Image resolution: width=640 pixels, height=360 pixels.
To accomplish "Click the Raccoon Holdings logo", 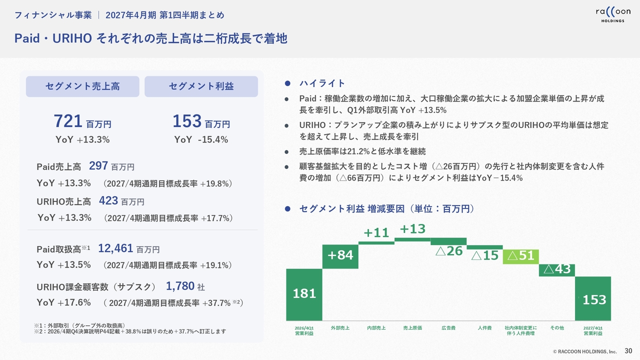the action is [613, 14].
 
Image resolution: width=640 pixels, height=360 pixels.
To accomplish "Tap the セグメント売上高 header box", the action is [82, 86].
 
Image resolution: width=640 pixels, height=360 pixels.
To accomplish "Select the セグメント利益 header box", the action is [201, 86].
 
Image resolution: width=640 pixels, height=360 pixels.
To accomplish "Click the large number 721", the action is [68, 121].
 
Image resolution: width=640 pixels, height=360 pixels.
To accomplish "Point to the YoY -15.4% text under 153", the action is [201, 139].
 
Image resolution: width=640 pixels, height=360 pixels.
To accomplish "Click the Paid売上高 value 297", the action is [98, 165].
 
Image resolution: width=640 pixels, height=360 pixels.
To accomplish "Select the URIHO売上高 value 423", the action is [108, 201].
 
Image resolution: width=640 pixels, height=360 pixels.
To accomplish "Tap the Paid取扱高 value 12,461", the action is [115, 248].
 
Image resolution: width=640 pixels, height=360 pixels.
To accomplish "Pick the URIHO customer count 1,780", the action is [180, 286].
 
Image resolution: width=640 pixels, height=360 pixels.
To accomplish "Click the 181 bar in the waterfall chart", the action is [304, 294].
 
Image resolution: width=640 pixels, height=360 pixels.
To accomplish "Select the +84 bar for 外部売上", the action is [340, 256].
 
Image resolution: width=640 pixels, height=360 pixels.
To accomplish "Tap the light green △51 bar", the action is [521, 256].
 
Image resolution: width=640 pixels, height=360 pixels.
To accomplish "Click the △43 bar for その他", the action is [557, 270].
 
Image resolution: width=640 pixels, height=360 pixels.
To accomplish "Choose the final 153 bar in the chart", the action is [593, 298].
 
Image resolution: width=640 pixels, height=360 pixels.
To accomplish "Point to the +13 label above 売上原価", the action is [412, 229].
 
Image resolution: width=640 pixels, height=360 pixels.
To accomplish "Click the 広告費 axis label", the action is [448, 328].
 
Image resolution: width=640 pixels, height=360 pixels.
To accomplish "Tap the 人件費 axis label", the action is [484, 328].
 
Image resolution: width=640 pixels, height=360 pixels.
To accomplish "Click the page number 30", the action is [628, 351].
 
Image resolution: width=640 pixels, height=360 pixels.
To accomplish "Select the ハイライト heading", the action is [322, 83].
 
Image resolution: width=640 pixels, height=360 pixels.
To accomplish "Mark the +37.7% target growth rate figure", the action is [216, 303].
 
